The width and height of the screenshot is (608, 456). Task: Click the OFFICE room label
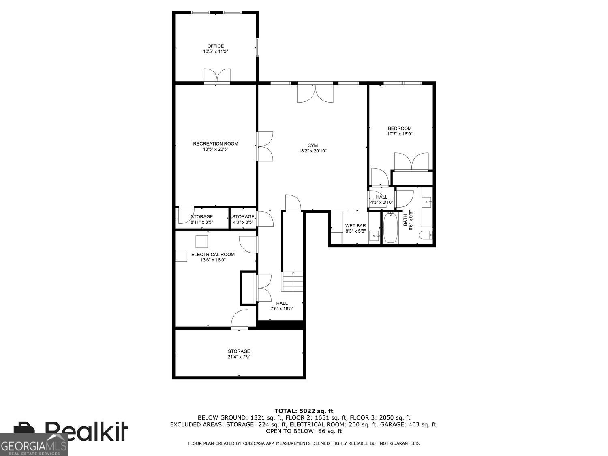click(x=215, y=46)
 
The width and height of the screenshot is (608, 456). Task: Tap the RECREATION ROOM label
click(x=215, y=143)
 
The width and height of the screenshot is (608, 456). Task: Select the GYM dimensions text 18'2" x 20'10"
click(x=313, y=151)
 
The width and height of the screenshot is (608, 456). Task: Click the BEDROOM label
click(x=400, y=128)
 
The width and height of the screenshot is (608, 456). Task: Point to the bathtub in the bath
click(x=390, y=229)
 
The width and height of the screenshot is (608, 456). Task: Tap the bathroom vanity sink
click(x=427, y=201)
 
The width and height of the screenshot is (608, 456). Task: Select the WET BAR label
click(x=355, y=226)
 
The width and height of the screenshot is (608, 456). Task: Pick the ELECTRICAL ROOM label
click(x=213, y=255)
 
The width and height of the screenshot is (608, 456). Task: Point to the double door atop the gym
click(x=315, y=92)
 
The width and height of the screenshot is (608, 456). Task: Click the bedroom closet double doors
click(x=411, y=162)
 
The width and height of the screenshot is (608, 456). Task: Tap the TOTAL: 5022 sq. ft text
click(x=304, y=411)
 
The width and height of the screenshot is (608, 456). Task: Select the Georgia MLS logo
click(x=34, y=445)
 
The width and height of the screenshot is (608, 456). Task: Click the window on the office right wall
click(x=257, y=47)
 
